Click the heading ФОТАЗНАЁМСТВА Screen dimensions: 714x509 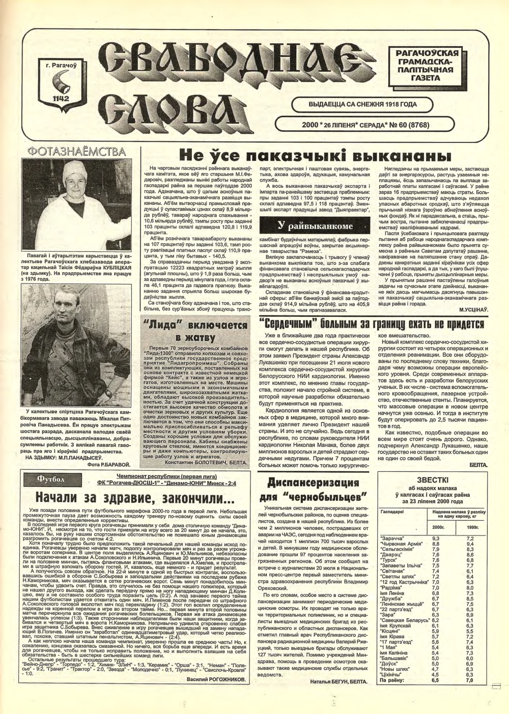point(76,152)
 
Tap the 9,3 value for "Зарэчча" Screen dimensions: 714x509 point(436,538)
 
